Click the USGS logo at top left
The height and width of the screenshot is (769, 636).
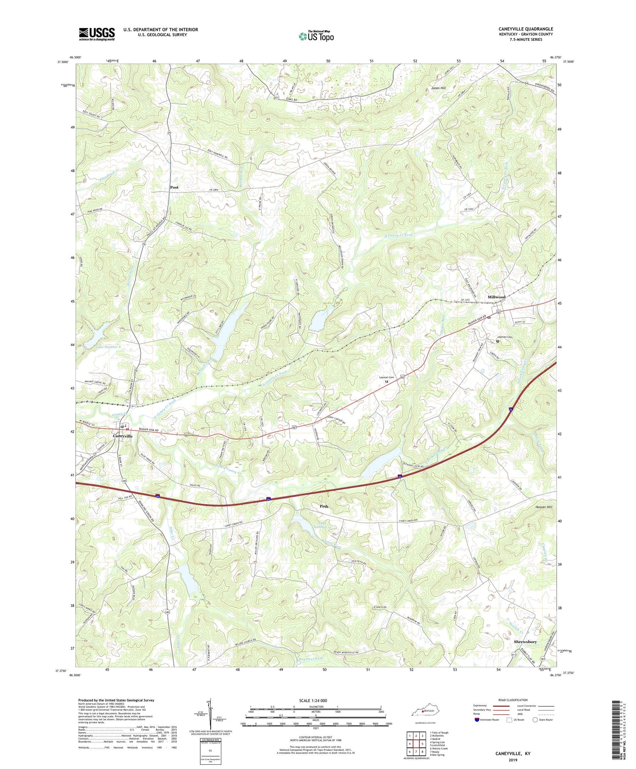click(x=97, y=34)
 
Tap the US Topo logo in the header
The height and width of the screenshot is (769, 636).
click(x=316, y=36)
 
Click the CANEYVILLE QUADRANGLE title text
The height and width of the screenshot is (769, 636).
click(x=525, y=29)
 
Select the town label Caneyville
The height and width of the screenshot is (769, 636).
click(x=123, y=436)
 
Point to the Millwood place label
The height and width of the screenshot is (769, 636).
click(x=497, y=297)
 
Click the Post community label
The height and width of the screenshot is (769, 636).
click(x=174, y=187)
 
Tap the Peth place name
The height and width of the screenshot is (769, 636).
click(x=324, y=506)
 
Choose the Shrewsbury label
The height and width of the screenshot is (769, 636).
click(x=525, y=642)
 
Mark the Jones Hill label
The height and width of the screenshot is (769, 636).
click(x=438, y=88)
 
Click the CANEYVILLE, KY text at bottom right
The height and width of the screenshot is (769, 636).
click(x=513, y=753)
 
